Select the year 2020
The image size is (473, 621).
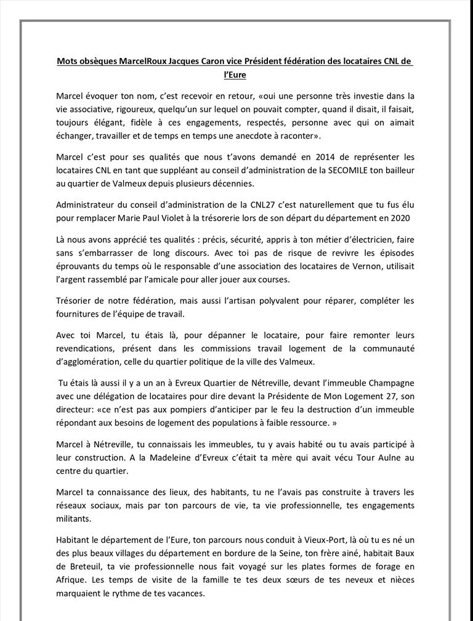click(402, 218)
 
